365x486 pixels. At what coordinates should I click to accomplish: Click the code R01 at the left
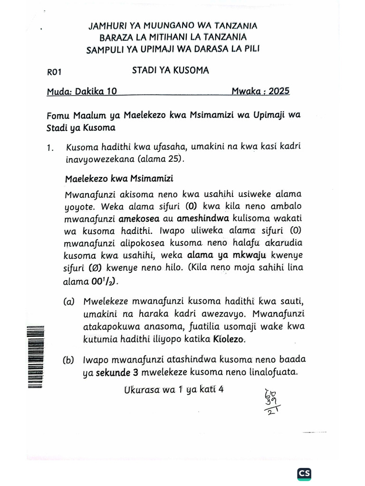click(x=54, y=72)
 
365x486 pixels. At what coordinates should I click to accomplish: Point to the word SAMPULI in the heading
click(x=106, y=50)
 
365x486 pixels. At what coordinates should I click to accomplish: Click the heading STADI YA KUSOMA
click(x=170, y=71)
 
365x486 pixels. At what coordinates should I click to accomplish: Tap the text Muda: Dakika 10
click(x=82, y=92)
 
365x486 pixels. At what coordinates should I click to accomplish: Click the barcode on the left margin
click(x=36, y=356)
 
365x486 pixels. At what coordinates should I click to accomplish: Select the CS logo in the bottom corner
click(x=304, y=473)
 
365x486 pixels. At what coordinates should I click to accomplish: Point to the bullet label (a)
click(x=69, y=302)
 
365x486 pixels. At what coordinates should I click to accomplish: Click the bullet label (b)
click(x=69, y=360)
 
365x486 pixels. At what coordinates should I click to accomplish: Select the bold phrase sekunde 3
click(x=116, y=373)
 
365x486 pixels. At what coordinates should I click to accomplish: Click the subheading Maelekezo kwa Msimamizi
click(x=119, y=179)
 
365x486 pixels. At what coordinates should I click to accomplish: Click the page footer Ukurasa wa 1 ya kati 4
click(x=173, y=390)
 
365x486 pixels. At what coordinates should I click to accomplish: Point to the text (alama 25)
click(x=160, y=159)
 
